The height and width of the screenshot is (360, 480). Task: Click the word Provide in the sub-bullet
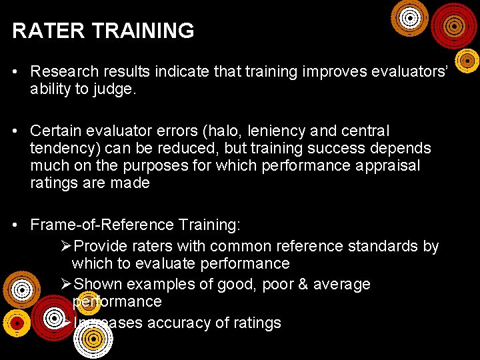[101, 246]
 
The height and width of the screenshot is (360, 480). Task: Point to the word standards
[381, 246]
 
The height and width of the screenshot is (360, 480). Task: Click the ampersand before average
[298, 284]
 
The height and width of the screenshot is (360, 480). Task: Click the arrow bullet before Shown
[65, 285]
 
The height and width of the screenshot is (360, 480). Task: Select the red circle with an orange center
[455, 25]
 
